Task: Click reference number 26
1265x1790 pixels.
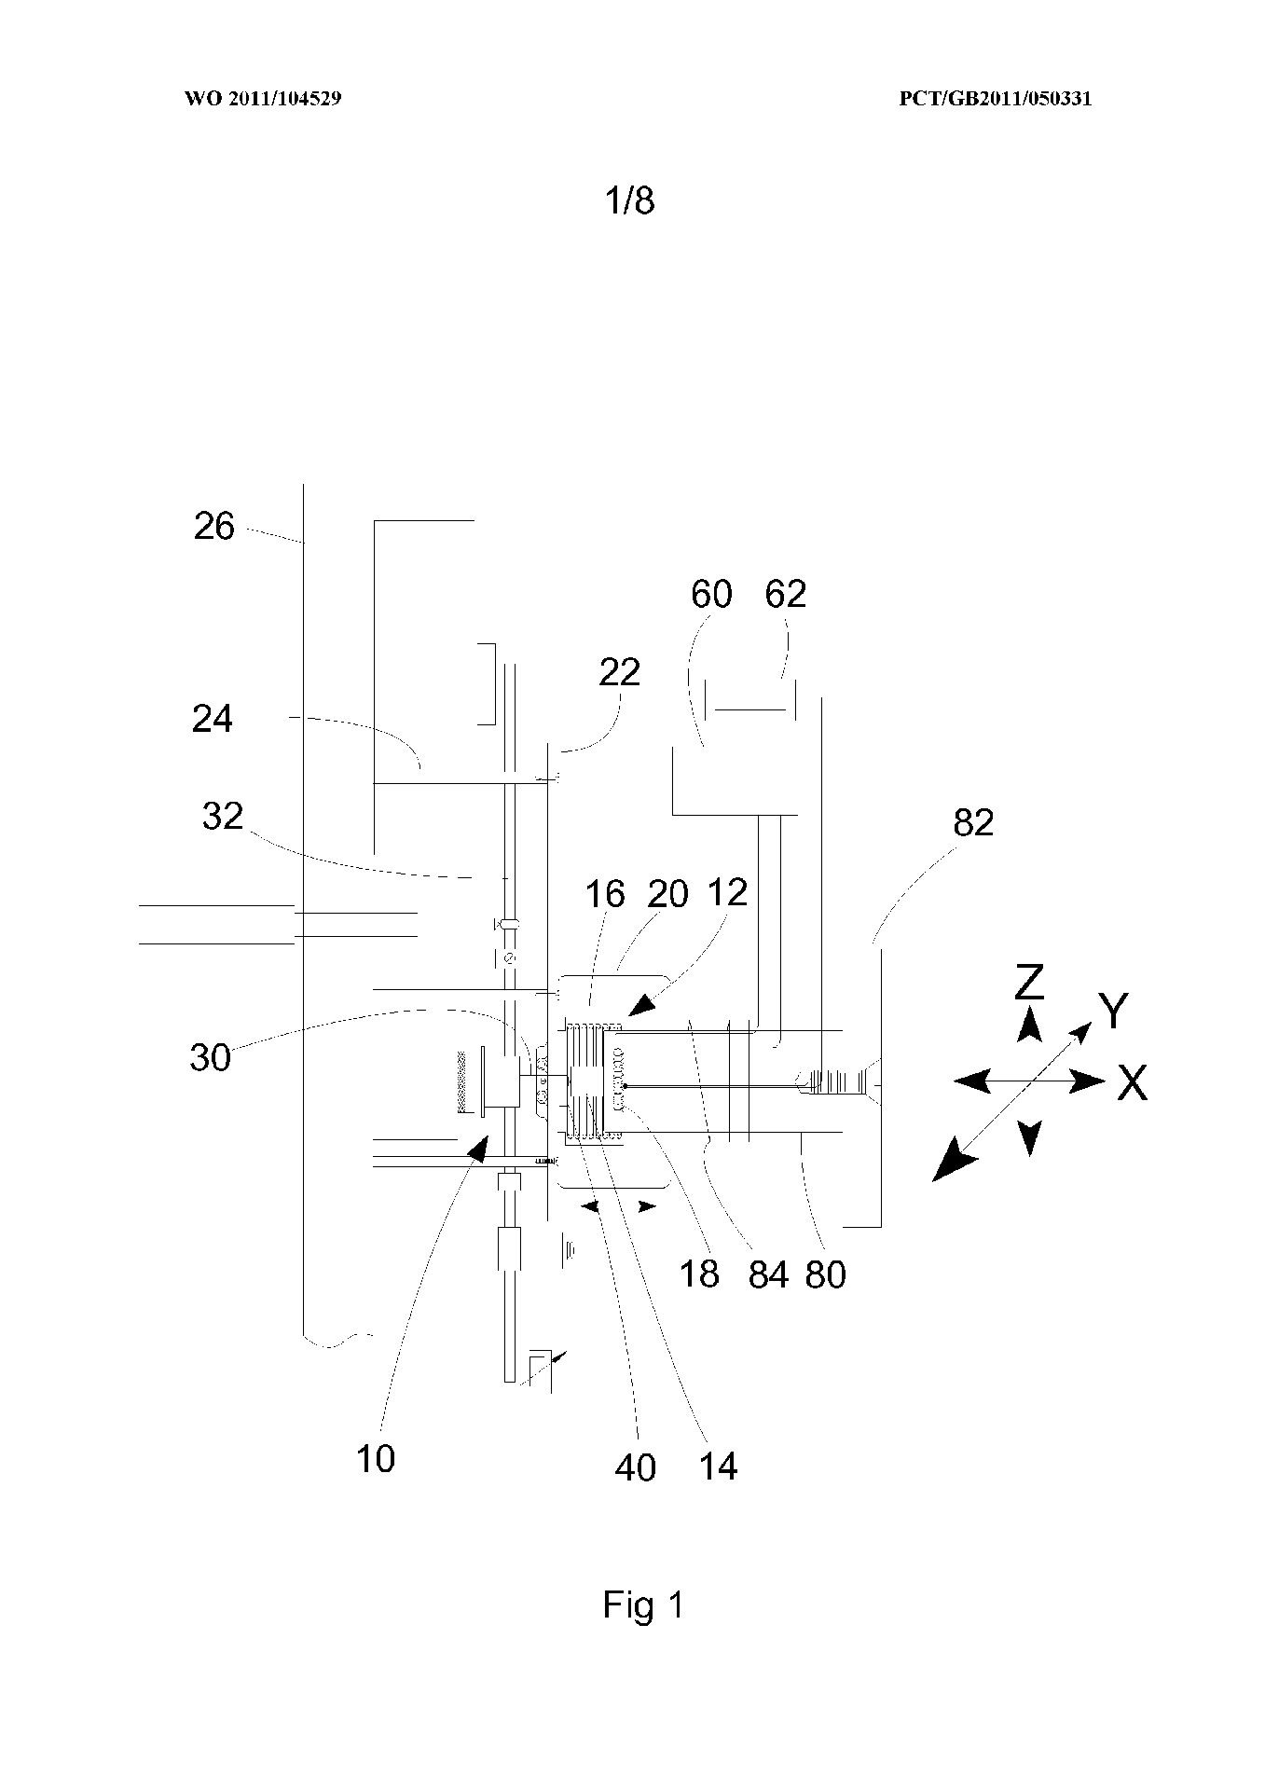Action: [x=213, y=527]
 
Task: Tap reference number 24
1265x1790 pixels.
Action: [x=212, y=719]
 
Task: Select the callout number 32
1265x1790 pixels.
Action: [x=222, y=817]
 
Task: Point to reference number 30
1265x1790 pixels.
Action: [x=210, y=1058]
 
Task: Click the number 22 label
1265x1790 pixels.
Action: [x=620, y=671]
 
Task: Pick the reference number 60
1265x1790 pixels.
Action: [x=711, y=594]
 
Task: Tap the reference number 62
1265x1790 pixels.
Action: [x=785, y=594]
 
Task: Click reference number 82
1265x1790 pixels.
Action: [x=973, y=823]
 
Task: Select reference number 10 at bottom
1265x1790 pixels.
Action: [x=375, y=1459]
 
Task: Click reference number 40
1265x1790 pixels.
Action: [x=635, y=1468]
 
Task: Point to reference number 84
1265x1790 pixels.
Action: [x=768, y=1274]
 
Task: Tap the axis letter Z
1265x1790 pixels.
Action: [x=1028, y=982]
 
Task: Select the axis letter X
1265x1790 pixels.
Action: [x=1132, y=1083]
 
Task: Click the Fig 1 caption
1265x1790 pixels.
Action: [x=642, y=1604]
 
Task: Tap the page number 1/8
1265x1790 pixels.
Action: [x=631, y=200]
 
